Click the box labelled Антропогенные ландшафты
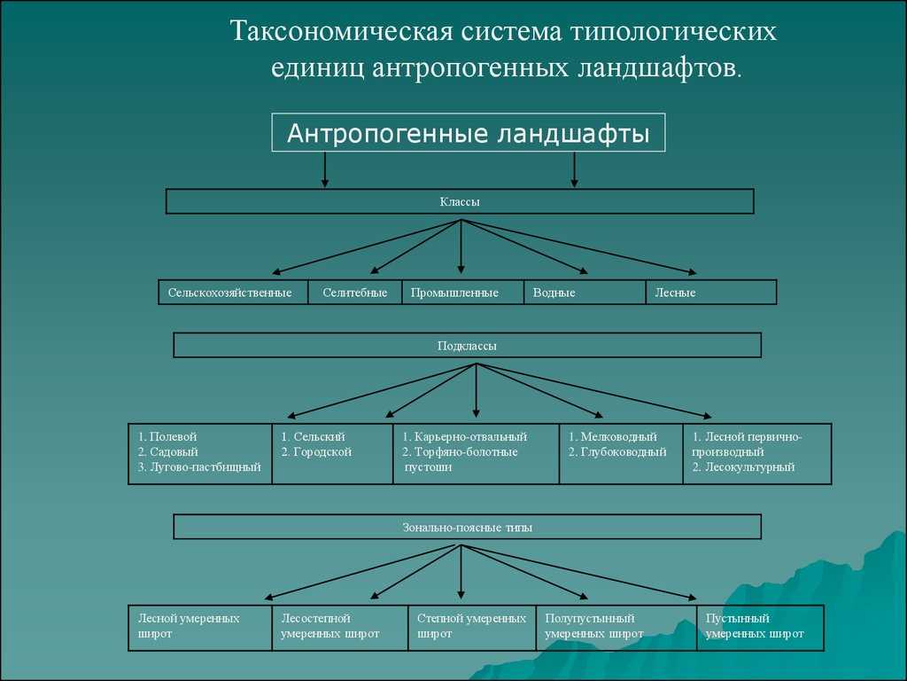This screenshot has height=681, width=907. (x=468, y=133)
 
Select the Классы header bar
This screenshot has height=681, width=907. (x=460, y=202)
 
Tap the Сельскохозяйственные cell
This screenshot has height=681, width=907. (x=233, y=293)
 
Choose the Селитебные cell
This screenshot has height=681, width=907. (x=354, y=293)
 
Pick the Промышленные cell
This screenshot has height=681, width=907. (x=462, y=293)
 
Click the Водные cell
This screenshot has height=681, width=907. (x=585, y=293)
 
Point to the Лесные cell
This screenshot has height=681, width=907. (x=711, y=293)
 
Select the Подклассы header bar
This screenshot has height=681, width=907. (x=467, y=346)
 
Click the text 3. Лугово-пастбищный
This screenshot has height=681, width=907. (x=199, y=467)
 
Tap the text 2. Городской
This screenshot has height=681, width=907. (x=316, y=452)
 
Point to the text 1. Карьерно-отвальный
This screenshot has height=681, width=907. (x=464, y=437)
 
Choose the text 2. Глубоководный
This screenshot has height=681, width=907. (x=617, y=452)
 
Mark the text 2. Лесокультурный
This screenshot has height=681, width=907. (x=743, y=467)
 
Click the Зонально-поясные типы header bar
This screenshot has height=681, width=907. (x=467, y=527)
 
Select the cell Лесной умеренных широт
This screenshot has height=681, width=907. (x=199, y=627)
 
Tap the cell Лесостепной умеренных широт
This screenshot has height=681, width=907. (x=339, y=627)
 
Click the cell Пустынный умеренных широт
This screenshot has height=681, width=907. (x=760, y=627)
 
